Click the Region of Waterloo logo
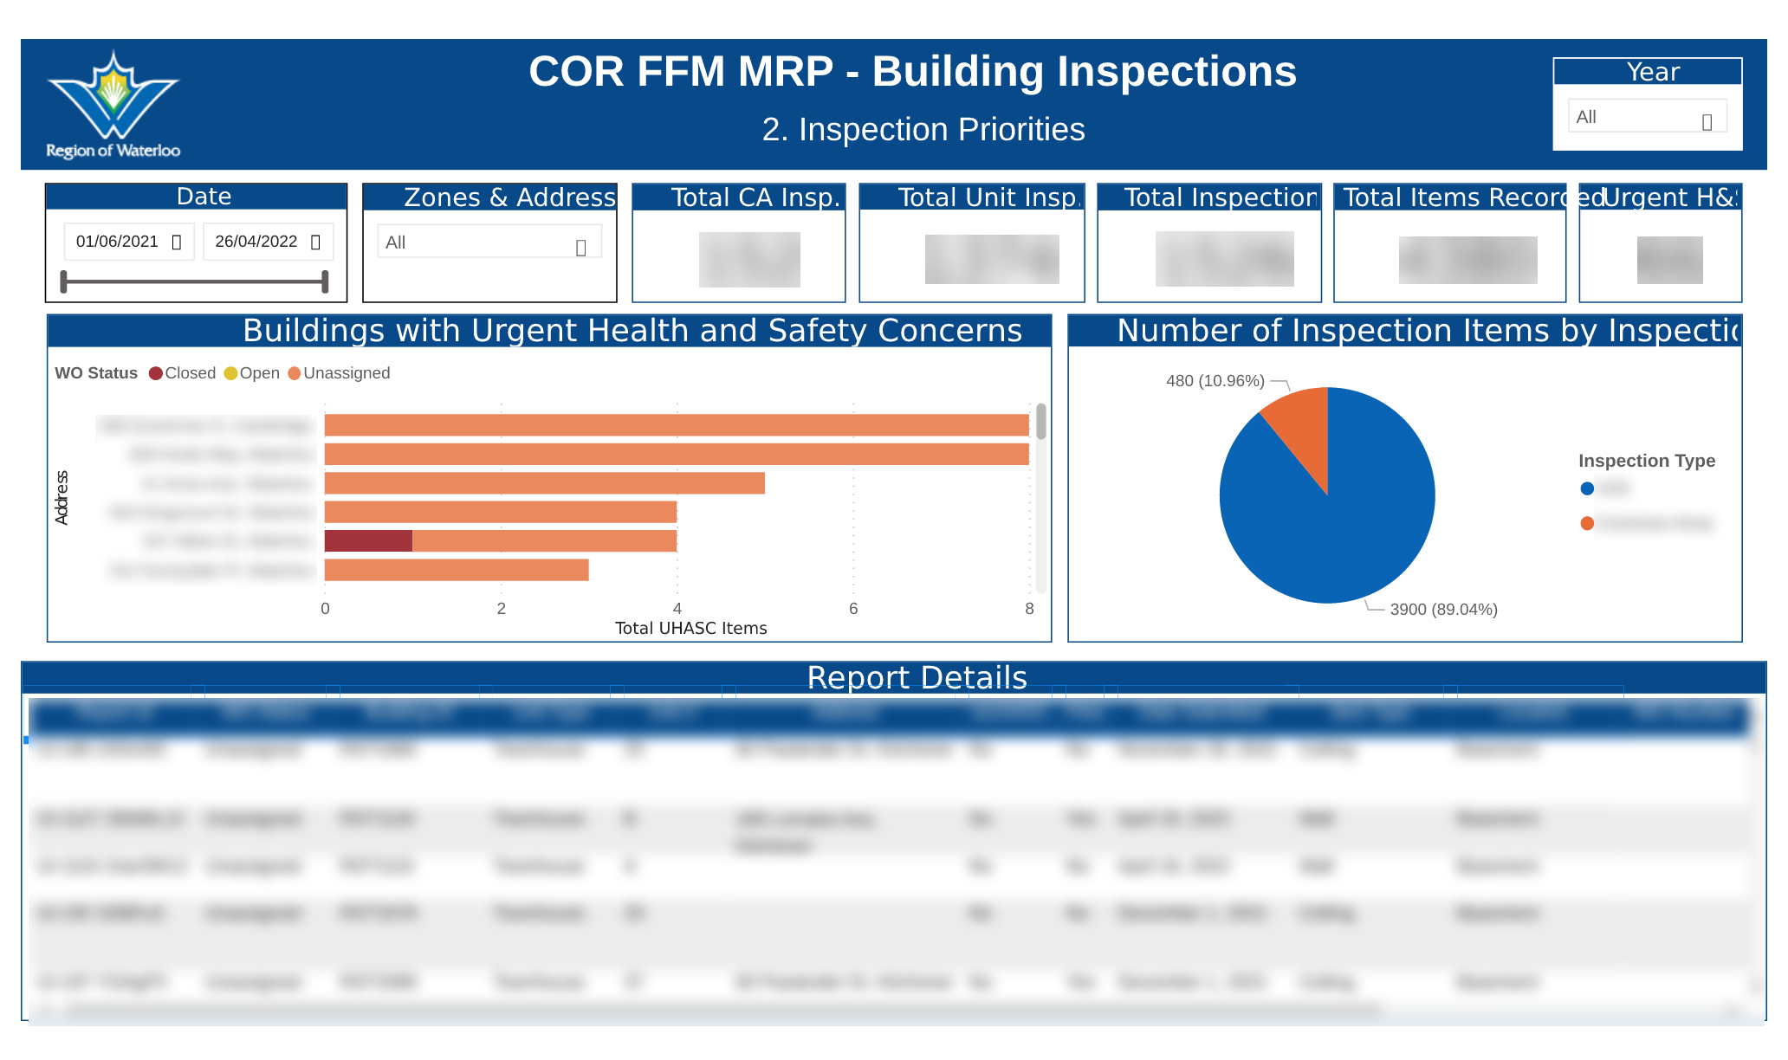pyautogui.click(x=113, y=104)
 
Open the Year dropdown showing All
pyautogui.click(x=1646, y=117)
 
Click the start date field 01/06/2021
pyautogui.click(x=128, y=242)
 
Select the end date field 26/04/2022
pyautogui.click(x=267, y=242)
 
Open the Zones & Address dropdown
pyautogui.click(x=489, y=242)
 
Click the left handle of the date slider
pyautogui.click(x=63, y=281)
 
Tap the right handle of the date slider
pyautogui.click(x=325, y=281)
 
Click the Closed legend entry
pyautogui.click(x=182, y=373)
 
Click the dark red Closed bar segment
pyautogui.click(x=368, y=541)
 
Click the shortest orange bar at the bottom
pyautogui.click(x=457, y=570)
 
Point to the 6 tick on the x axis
pyautogui.click(x=853, y=609)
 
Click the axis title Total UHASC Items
pyautogui.click(x=690, y=629)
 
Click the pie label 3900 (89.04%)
pyautogui.click(x=1443, y=610)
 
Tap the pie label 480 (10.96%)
pyautogui.click(x=1215, y=381)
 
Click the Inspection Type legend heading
pyautogui.click(x=1646, y=461)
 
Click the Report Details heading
pyautogui.click(x=917, y=678)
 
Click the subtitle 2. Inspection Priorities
pyautogui.click(x=923, y=130)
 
